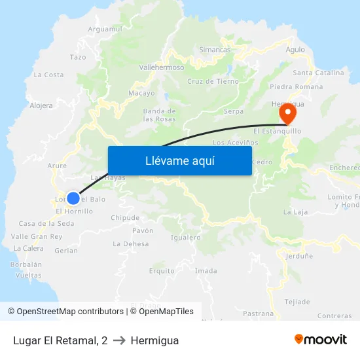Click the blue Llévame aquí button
pos(179,160)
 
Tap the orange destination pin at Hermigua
pos(287,113)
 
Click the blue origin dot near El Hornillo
pos(73,198)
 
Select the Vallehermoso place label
pos(162,67)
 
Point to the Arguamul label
pos(105,29)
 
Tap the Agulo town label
pos(295,49)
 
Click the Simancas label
pos(215,50)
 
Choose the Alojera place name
pos(41,105)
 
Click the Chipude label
pos(125,218)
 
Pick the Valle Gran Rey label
pos(37,236)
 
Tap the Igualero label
pos(185,238)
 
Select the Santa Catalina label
pos(318,73)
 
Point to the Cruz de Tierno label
pos(213,81)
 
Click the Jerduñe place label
pos(299,257)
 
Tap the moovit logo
pos(321,340)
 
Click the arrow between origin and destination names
pos(119,340)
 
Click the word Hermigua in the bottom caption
pos(154,340)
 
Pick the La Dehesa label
pos(131,243)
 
